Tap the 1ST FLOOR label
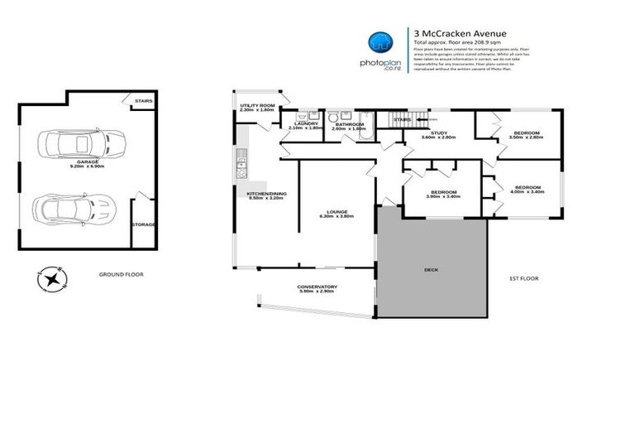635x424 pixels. [x=523, y=278]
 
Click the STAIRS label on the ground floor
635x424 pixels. [x=143, y=102]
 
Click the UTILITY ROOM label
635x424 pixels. [x=257, y=106]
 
